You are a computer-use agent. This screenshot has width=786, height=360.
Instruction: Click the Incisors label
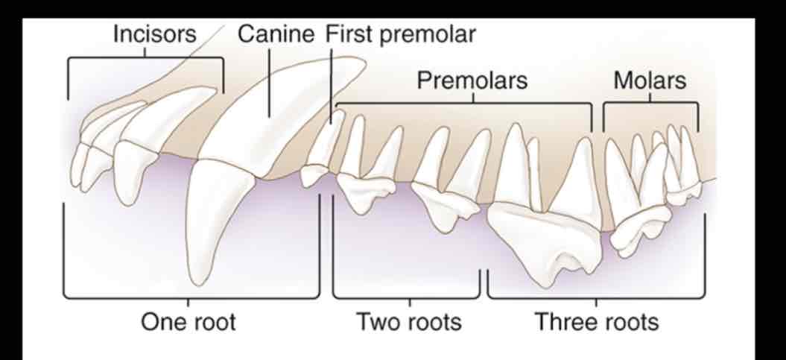(154, 34)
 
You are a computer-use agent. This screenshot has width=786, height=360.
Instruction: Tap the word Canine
(276, 34)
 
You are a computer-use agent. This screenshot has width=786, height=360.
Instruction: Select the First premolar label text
(400, 34)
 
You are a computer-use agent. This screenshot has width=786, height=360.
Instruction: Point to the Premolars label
(472, 80)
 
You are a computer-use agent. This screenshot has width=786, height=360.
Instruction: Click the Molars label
(650, 80)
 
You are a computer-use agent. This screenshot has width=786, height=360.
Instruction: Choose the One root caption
(188, 321)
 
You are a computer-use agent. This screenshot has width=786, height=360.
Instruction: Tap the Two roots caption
(408, 321)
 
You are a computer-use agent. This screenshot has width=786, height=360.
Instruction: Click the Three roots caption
(597, 321)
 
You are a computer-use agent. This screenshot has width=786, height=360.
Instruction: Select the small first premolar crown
(314, 175)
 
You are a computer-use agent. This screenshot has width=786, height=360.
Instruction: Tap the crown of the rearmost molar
(684, 193)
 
